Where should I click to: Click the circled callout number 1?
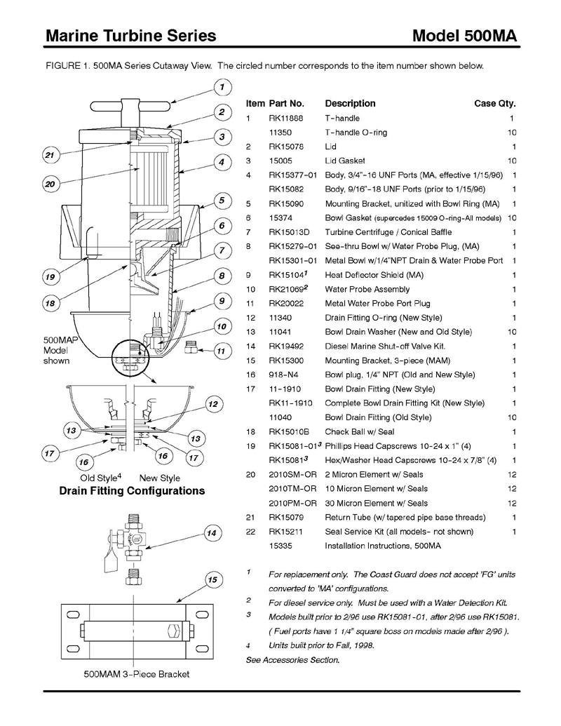(x=222, y=88)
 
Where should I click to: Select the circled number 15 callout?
(x=212, y=579)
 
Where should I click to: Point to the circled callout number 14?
(x=211, y=533)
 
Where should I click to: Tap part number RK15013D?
(x=289, y=232)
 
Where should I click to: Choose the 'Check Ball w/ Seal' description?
(x=360, y=431)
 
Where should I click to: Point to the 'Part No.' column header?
(x=286, y=103)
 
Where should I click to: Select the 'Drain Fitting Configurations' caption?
(x=133, y=491)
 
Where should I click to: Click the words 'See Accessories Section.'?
(x=292, y=660)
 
